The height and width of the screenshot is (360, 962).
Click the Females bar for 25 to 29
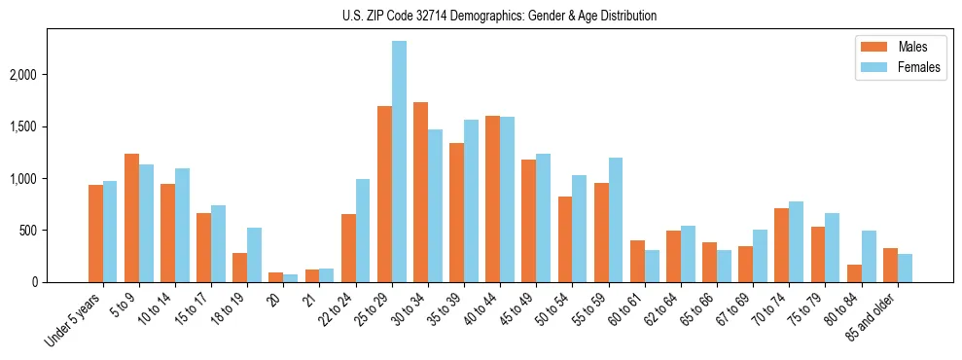point(399,162)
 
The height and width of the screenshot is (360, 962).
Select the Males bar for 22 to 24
point(348,248)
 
